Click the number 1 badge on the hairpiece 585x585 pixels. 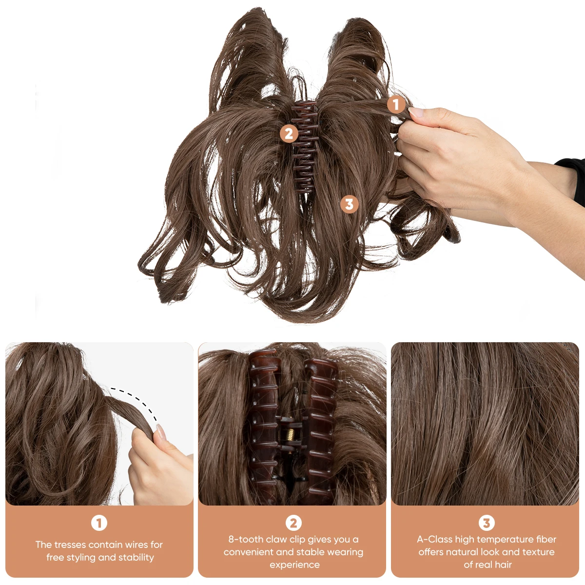(x=396, y=105)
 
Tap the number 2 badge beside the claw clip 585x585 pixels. (x=289, y=134)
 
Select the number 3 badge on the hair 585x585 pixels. (x=349, y=204)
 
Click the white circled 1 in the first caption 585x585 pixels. (x=99, y=523)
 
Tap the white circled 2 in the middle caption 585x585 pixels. (x=293, y=523)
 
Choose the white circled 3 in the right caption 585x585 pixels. (x=486, y=523)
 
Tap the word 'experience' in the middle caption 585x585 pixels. (x=294, y=565)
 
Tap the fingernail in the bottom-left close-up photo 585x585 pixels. (x=159, y=431)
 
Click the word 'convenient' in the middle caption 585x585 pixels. (x=248, y=552)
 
